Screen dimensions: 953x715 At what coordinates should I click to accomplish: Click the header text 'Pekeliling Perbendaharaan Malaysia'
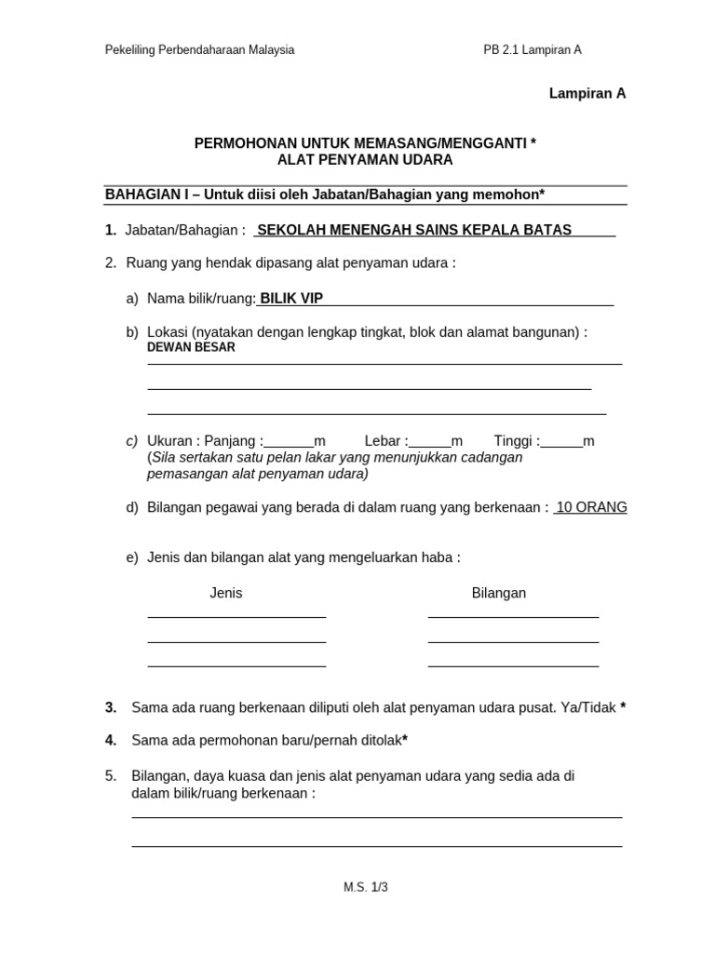[x=199, y=50]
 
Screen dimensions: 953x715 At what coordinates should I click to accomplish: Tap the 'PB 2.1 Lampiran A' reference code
[x=526, y=50]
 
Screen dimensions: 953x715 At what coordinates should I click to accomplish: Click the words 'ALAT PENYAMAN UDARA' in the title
[x=365, y=160]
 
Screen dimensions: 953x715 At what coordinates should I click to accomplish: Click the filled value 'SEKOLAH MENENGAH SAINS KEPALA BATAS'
[x=414, y=230]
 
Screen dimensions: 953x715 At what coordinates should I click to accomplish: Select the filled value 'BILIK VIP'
[x=291, y=298]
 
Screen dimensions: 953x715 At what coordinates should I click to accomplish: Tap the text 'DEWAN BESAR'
[x=191, y=347]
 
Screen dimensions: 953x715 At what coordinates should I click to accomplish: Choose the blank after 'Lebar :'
[x=429, y=442]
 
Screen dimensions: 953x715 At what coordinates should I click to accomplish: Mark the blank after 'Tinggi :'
[x=561, y=442]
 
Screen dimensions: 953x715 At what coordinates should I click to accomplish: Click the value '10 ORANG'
[x=591, y=507]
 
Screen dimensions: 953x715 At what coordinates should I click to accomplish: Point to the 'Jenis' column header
[x=226, y=593]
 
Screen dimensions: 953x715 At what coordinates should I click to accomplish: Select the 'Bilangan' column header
[x=499, y=593]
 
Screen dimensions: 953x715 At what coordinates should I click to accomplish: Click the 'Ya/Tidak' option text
[x=588, y=707]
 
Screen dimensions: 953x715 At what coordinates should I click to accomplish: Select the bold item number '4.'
[x=111, y=741]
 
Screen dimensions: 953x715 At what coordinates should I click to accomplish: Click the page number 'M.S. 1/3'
[x=365, y=887]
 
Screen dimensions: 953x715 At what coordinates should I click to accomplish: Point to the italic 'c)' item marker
[x=131, y=441]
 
